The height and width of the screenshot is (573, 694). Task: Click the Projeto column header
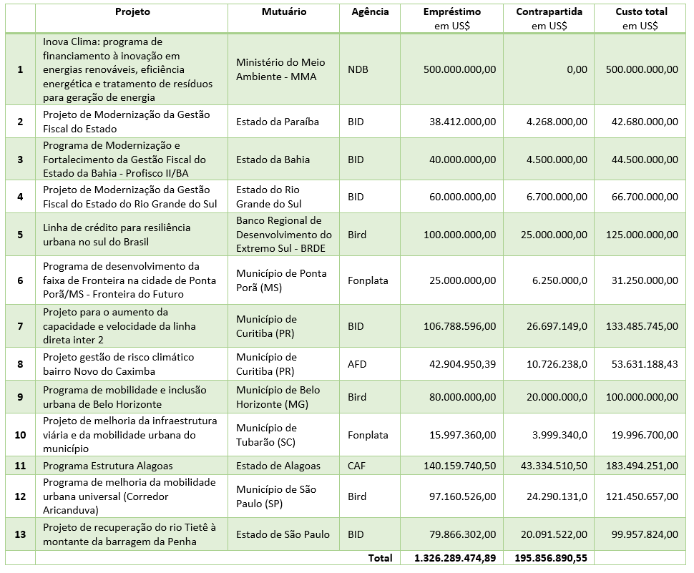click(x=132, y=12)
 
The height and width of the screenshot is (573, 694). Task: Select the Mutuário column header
click(x=283, y=12)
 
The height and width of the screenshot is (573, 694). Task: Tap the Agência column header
click(x=370, y=12)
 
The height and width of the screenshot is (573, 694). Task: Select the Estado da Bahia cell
click(x=273, y=160)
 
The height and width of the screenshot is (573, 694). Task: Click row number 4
click(x=20, y=197)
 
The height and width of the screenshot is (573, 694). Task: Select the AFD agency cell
click(x=357, y=364)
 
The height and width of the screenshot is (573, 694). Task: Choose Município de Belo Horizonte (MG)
click(x=278, y=397)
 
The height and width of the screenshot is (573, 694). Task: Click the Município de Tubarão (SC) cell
click(x=267, y=435)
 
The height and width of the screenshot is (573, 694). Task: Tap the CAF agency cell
click(x=357, y=466)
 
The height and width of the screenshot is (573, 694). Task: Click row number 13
click(x=20, y=534)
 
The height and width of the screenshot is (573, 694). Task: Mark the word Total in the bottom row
click(x=380, y=557)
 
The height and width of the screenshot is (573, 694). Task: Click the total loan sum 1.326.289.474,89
click(x=455, y=557)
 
